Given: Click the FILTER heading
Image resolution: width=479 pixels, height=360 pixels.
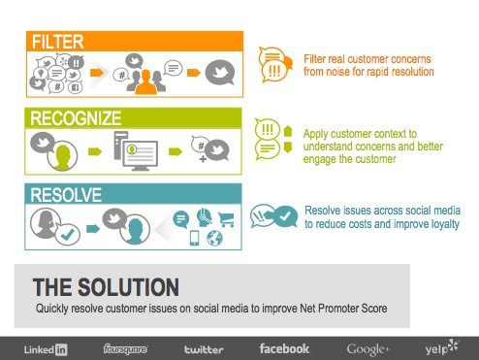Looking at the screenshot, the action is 58,42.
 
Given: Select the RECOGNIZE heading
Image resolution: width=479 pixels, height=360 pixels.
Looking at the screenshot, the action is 76,118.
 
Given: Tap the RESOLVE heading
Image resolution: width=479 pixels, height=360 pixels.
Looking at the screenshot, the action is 66,195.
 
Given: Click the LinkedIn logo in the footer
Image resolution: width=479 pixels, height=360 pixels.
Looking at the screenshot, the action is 46,349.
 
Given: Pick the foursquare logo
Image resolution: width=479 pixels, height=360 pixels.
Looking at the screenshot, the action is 125,349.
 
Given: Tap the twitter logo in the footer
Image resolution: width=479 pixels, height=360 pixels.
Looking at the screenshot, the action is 204,349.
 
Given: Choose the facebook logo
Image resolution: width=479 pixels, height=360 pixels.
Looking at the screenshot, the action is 284,348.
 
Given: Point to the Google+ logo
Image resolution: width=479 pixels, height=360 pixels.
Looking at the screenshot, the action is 368,349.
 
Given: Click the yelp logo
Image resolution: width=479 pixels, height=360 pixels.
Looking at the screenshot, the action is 441,347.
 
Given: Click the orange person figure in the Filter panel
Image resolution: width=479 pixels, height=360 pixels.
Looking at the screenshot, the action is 146,82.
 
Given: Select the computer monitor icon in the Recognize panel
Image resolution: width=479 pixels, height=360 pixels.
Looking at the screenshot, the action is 141,155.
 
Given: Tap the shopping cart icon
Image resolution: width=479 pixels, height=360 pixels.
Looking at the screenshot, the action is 226,219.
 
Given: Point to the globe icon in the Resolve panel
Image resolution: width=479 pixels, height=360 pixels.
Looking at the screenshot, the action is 214,238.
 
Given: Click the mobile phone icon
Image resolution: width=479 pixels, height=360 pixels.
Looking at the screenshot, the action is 194,238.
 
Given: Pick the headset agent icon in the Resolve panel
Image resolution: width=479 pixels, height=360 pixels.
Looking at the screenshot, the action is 205,217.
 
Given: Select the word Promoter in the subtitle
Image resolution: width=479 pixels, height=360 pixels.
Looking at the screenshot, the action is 337,309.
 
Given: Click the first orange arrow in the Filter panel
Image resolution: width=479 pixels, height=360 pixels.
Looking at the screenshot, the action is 97,73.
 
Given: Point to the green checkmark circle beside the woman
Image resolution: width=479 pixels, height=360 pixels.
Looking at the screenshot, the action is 68,235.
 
